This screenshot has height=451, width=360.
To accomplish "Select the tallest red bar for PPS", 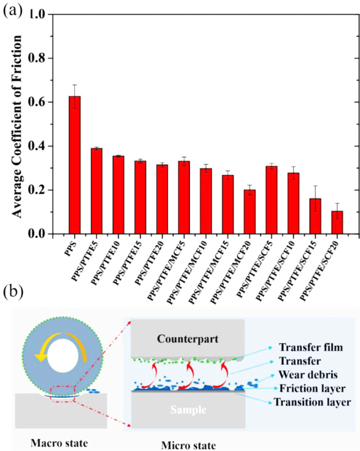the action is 74,165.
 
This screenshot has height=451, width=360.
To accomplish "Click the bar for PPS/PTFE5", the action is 96,191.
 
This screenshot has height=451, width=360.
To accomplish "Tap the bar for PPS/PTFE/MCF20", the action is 249,212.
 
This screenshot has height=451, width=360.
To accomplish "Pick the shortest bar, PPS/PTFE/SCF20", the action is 337,222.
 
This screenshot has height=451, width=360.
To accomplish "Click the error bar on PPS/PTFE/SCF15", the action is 315,199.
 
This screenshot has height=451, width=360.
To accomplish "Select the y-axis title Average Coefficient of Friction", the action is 17,127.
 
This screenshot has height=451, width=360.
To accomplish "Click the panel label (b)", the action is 13,293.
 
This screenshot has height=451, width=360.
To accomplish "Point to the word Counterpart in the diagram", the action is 188,339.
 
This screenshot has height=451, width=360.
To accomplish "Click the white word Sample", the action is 188,409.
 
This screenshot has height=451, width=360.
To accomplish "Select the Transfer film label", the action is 311,348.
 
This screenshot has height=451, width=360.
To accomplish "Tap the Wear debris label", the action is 308,375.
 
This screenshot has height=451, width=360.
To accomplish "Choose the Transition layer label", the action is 312,402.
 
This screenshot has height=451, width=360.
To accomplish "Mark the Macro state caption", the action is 59,443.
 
